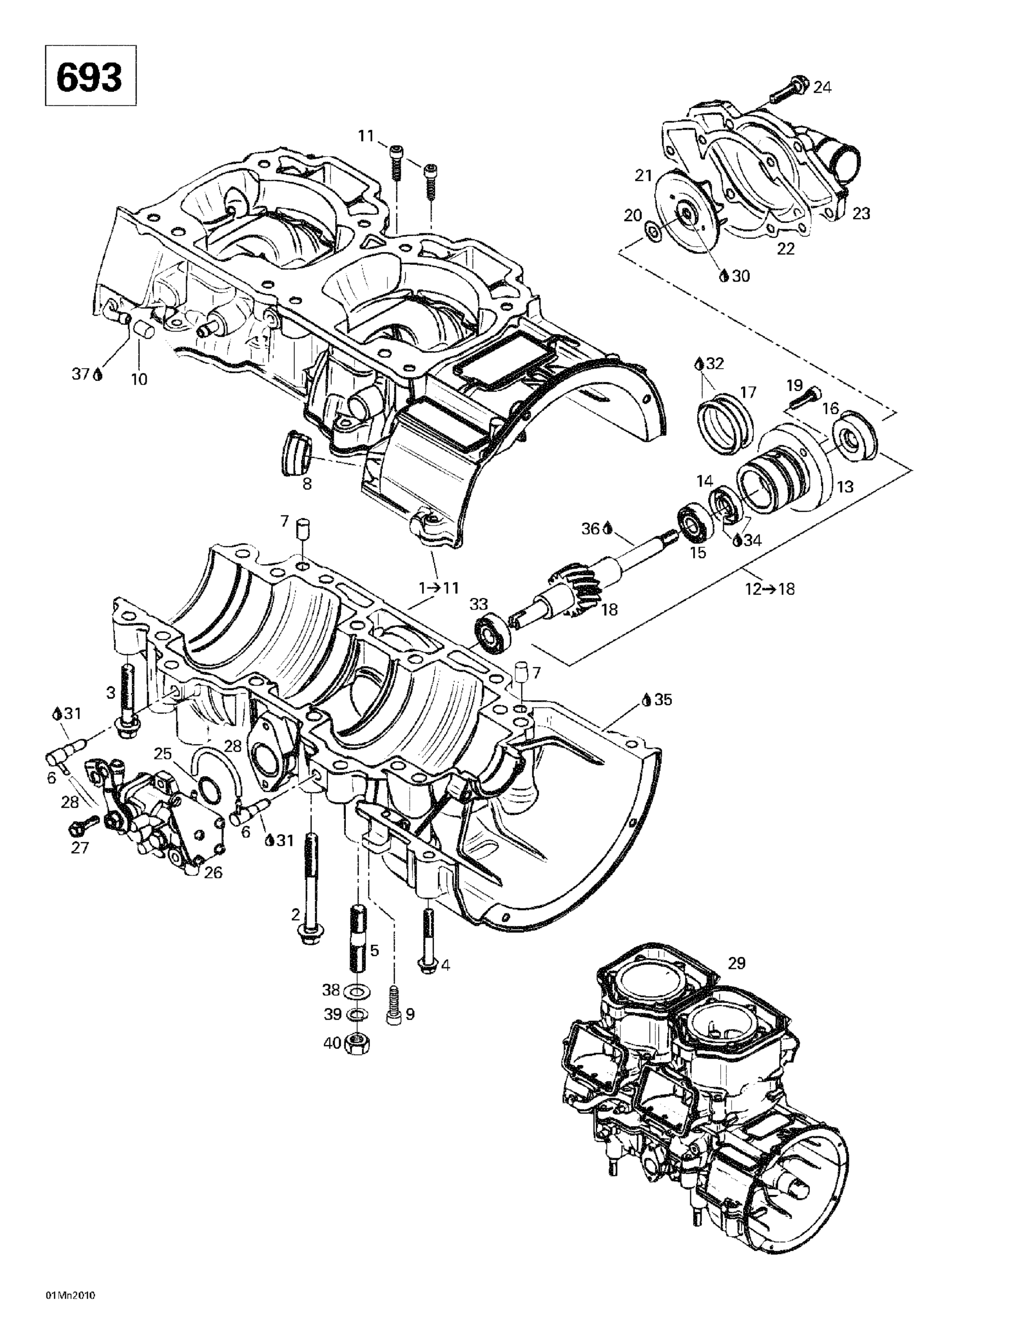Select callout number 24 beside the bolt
(x=822, y=87)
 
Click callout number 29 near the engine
(x=736, y=963)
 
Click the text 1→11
(x=439, y=588)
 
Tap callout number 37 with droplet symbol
(x=86, y=374)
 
